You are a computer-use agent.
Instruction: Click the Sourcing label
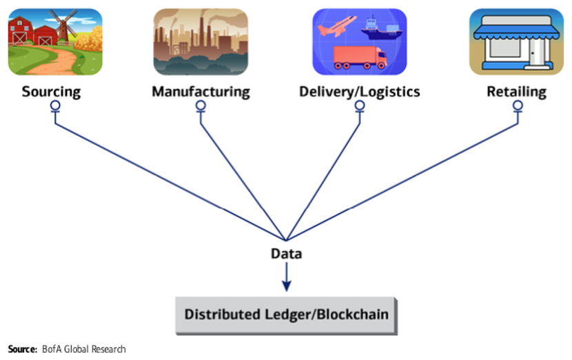pos(51,91)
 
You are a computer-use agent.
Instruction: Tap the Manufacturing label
pos(201,91)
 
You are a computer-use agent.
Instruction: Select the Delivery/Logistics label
pos(359,91)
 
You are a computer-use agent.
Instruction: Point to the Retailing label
pos(516,91)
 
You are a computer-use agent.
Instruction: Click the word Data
pos(286,254)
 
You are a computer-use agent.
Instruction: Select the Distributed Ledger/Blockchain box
pos(286,314)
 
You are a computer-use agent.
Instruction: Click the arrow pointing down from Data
pos(286,277)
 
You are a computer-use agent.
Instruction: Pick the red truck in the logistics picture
pos(358,58)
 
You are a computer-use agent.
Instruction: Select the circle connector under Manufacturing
pos(201,106)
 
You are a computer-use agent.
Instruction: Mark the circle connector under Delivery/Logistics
pos(359,106)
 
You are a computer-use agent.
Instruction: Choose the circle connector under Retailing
pos(518,106)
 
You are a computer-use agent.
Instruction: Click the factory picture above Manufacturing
pos(201,41)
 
